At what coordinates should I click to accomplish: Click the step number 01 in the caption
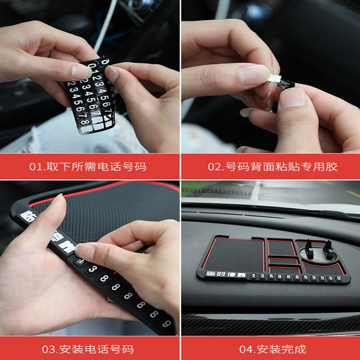pos(36,167)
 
